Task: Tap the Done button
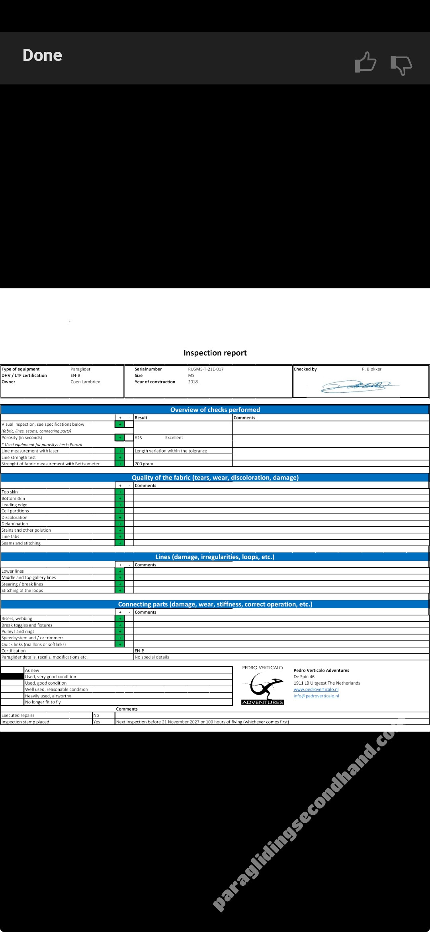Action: pos(42,55)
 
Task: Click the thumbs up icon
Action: pos(365,63)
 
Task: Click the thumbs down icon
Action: pos(401,65)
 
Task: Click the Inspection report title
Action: pos(215,353)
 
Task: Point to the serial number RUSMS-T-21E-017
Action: pos(206,369)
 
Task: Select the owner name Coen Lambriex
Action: pos(85,382)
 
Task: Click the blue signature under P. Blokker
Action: pos(358,386)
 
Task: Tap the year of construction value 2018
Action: pos(193,382)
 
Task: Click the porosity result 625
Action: pos(139,438)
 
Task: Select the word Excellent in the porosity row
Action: pos(174,438)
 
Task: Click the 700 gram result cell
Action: pos(144,464)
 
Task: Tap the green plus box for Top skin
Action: pos(119,492)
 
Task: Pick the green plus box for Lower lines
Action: pos(119,572)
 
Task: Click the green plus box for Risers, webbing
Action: pos(119,619)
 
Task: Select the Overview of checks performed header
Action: pos(215,410)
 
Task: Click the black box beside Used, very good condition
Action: pos(12,677)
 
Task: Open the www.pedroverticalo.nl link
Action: pos(316,689)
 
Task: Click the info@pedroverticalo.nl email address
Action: pos(316,696)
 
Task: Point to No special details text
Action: pos(152,657)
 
